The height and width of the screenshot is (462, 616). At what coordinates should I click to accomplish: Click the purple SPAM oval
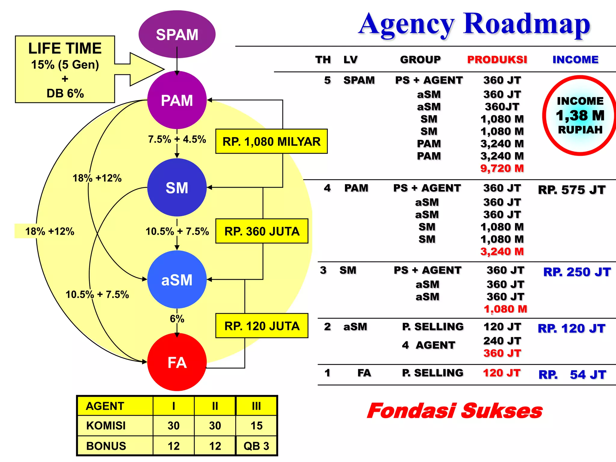[177, 34]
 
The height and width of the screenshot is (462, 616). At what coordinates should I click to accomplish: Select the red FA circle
[177, 362]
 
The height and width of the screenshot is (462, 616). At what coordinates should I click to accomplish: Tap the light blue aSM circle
[177, 280]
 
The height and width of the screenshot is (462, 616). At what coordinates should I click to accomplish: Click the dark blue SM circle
[177, 188]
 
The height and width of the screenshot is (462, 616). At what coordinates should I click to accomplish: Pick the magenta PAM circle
[177, 100]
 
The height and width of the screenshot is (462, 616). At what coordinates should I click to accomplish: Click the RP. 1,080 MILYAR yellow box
[271, 142]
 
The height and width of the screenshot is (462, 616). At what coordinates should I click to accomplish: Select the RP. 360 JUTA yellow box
[262, 231]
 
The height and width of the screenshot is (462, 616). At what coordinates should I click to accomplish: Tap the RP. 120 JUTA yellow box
[262, 326]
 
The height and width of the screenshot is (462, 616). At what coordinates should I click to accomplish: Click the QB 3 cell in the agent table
[256, 446]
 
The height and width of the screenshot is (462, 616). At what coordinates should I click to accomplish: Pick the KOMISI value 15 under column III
[256, 426]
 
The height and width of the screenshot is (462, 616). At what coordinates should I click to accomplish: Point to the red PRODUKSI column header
[497, 60]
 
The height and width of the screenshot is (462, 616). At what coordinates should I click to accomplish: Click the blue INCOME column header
[575, 60]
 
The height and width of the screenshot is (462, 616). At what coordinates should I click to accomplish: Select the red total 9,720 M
[502, 168]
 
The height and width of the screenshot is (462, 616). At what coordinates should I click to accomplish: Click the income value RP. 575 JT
[571, 190]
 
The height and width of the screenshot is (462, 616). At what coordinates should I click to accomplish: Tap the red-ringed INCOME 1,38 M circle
[580, 115]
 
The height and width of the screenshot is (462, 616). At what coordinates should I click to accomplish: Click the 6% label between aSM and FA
[177, 319]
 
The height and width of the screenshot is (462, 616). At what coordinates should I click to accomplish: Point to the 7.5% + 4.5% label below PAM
[177, 139]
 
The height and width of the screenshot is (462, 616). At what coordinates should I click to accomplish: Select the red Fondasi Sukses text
[455, 411]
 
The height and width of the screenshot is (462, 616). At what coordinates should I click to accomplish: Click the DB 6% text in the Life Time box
[65, 93]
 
